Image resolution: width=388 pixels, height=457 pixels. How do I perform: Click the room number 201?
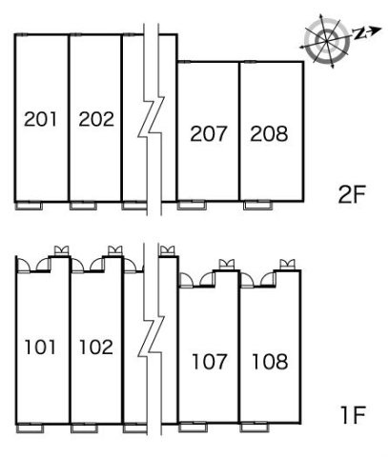coord(40,119)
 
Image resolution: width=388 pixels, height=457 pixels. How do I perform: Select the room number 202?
coord(96,119)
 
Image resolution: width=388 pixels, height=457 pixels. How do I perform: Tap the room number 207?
coord(209,133)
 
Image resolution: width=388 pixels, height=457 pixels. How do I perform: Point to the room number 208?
coord(269,133)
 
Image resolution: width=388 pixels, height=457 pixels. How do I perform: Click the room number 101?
coord(40,347)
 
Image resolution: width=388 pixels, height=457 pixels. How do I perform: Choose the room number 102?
coord(96,347)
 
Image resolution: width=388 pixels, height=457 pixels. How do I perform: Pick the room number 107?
coord(210,362)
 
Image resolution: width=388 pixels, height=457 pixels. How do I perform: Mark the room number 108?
coord(270,362)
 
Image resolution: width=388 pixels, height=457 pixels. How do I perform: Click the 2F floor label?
coord(352,194)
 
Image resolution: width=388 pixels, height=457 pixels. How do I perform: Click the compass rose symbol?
coord(327,41)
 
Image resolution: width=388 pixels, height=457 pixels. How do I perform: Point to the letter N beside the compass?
coord(359,33)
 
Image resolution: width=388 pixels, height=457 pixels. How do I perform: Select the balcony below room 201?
coord(29,206)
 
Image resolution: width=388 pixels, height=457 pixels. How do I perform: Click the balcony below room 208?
coord(257,206)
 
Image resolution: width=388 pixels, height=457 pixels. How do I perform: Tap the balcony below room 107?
coord(193,427)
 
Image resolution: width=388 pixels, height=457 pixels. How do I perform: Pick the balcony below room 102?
coord(84,428)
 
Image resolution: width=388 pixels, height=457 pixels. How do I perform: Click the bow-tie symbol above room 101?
coord(61,250)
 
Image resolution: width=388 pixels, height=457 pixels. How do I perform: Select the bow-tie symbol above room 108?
coord(287,264)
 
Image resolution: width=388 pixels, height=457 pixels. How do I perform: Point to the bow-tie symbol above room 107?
coord(227,264)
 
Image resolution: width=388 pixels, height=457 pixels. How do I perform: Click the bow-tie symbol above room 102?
coord(115,250)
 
